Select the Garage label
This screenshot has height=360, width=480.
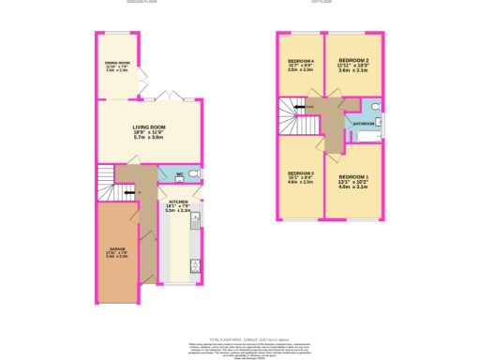click(117, 250)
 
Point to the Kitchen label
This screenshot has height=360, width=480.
click(178, 203)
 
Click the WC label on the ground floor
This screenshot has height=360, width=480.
click(177, 174)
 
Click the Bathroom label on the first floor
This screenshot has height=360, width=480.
click(364, 123)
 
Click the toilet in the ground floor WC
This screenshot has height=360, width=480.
click(194, 174)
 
